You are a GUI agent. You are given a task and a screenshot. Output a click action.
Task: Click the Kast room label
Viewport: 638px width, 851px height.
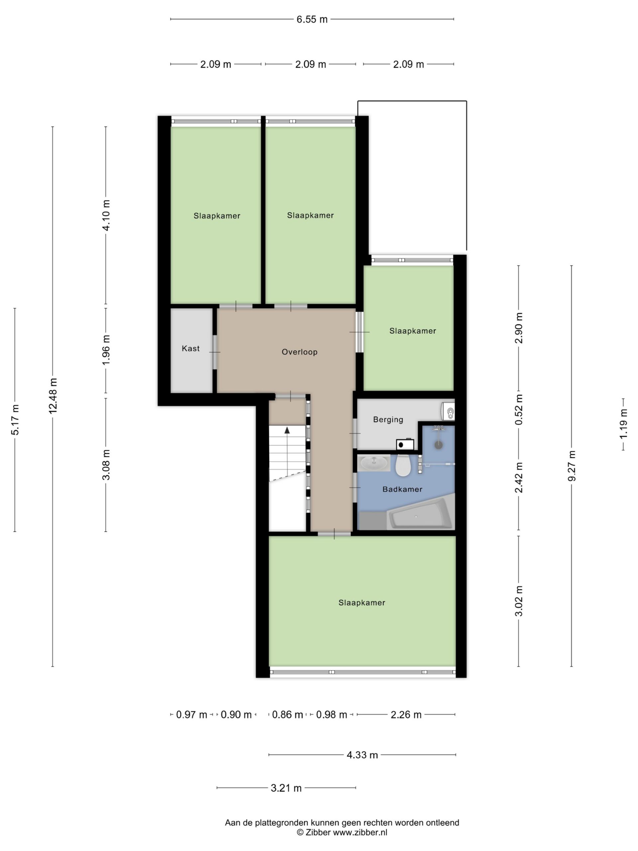point(190,349)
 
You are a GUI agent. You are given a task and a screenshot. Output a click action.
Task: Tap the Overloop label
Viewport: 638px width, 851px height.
point(300,352)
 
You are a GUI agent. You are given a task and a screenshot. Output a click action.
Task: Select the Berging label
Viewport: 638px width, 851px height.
point(388,420)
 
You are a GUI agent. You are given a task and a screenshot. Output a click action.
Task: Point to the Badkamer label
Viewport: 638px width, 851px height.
point(402,489)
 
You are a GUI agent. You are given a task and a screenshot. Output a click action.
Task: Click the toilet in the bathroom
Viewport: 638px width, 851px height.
point(403,465)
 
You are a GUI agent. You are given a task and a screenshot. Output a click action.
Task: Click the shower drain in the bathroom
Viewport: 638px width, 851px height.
point(438,445)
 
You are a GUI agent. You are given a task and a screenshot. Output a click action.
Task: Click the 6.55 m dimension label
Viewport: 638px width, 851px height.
point(312,19)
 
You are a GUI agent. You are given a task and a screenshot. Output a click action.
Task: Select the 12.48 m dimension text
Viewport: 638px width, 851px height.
point(53,396)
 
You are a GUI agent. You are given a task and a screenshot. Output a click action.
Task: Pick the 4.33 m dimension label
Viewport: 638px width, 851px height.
point(362,755)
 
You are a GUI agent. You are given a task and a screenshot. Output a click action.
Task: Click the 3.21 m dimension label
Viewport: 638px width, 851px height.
point(286,788)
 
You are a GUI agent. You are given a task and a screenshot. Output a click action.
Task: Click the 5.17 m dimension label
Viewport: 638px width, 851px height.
point(15,420)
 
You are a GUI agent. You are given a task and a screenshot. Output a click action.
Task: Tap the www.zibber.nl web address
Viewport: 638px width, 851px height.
point(360,832)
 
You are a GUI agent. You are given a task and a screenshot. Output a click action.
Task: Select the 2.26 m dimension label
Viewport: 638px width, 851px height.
point(406,715)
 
